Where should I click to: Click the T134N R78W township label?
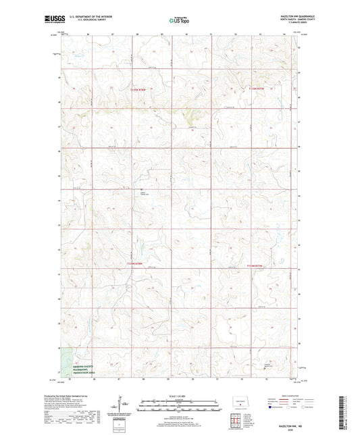pos(135,263)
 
